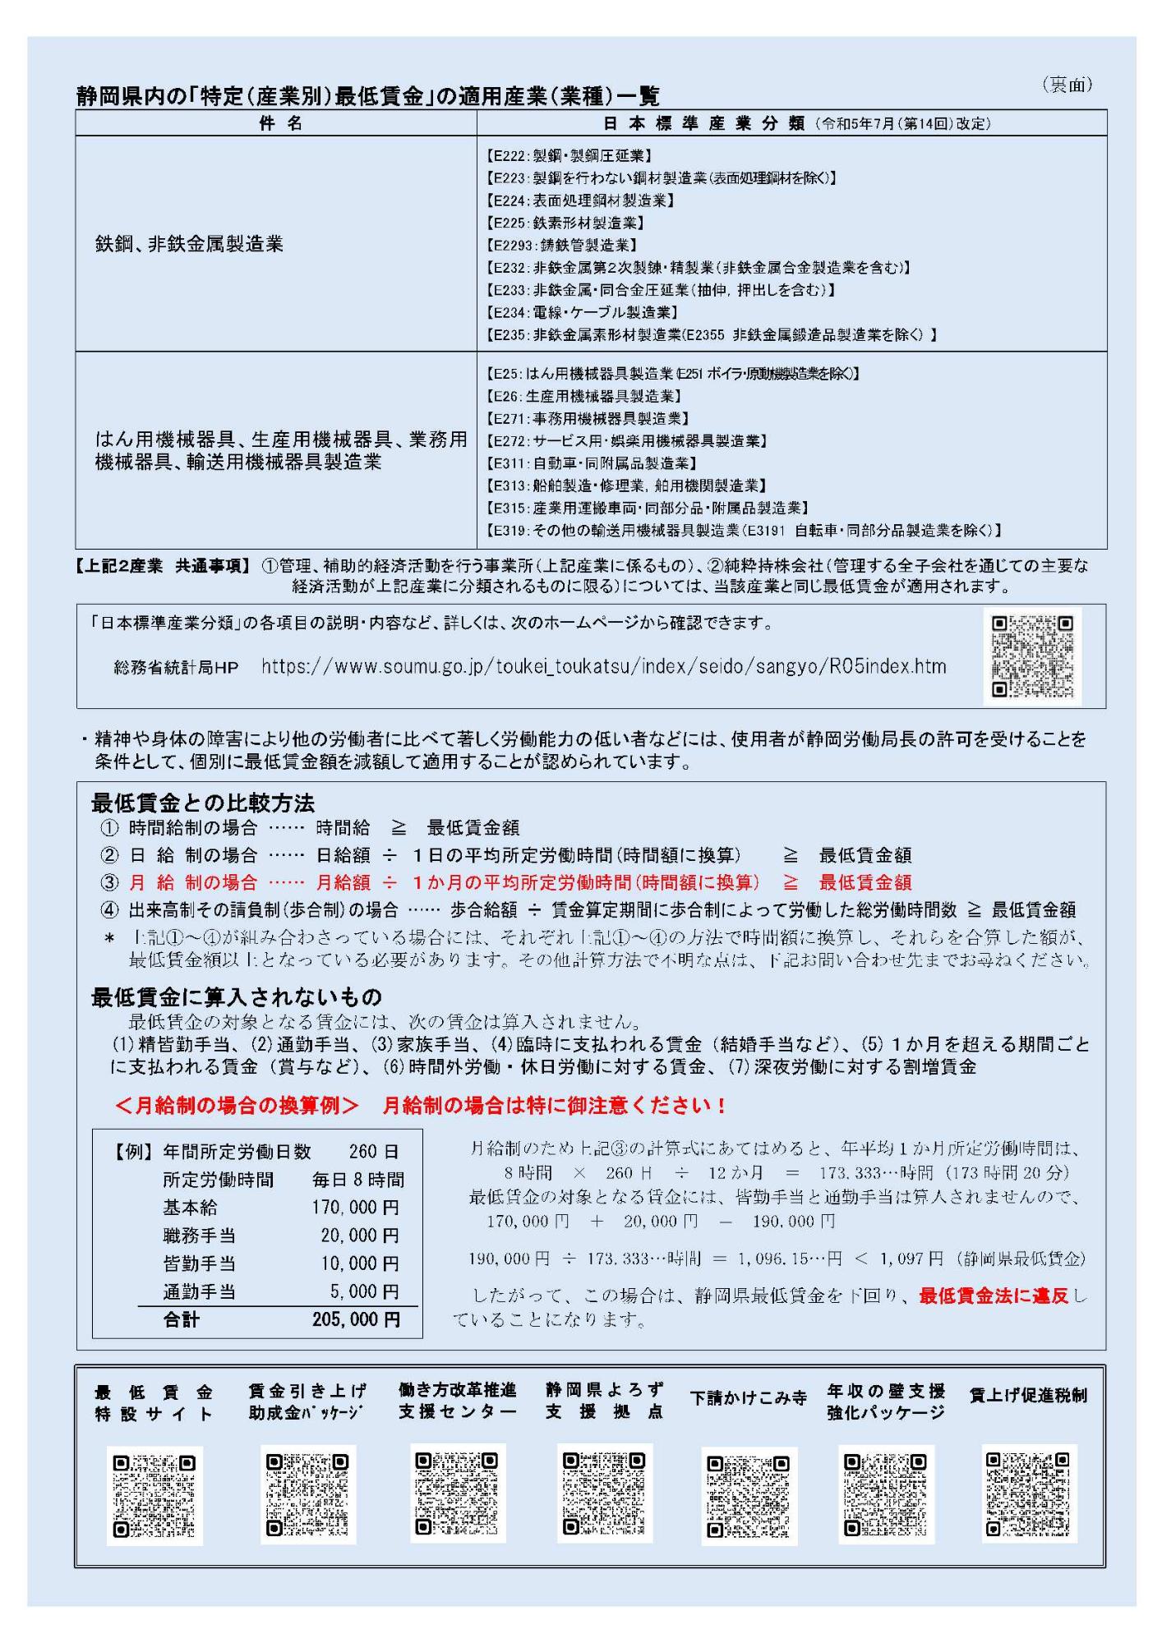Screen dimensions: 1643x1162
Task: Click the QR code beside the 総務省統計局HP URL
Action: (x=1031, y=656)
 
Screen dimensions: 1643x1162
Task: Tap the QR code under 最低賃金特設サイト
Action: (x=154, y=1496)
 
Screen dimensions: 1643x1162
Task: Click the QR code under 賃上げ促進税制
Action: (x=1029, y=1494)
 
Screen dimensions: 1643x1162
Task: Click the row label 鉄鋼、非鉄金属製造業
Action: (x=189, y=244)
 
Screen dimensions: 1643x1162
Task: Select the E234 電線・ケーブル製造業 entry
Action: (x=582, y=312)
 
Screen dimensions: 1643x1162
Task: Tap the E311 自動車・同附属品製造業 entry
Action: (x=592, y=463)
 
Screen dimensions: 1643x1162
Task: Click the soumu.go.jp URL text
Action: (x=603, y=666)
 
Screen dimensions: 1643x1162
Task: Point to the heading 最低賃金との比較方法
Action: (x=203, y=802)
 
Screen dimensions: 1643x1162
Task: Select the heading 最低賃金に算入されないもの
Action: (x=237, y=997)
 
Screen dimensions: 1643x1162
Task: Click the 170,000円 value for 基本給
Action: (x=355, y=1208)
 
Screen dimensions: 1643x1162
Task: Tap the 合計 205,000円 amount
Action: (x=356, y=1319)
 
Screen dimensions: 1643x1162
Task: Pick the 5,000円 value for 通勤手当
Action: (x=364, y=1291)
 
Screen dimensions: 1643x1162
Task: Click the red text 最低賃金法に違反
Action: (x=994, y=1296)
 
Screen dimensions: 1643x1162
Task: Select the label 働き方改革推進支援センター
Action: (x=458, y=1401)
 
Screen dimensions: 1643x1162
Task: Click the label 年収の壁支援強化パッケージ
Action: (x=886, y=1401)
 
